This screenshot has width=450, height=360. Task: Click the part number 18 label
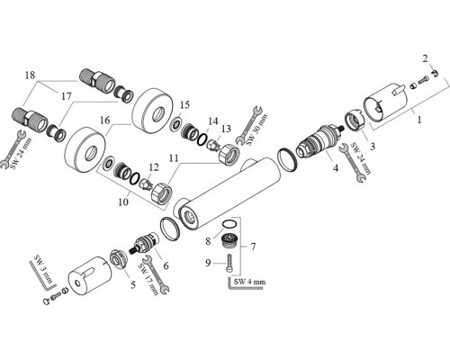tap(30, 75)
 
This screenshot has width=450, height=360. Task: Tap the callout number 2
tap(425, 58)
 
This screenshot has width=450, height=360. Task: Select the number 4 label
tap(336, 168)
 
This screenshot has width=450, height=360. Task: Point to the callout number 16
tap(105, 121)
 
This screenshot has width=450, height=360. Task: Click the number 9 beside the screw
tap(208, 263)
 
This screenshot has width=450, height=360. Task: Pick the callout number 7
tap(253, 247)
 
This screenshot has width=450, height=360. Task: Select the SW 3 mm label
tap(44, 267)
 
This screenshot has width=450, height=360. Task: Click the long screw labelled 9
tap(229, 264)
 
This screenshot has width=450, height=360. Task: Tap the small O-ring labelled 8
tap(230, 224)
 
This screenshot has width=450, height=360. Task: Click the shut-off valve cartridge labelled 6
tap(144, 243)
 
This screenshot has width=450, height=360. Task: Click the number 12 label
tap(154, 167)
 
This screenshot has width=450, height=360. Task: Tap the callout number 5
tap(132, 284)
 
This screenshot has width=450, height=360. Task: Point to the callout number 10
tap(123, 202)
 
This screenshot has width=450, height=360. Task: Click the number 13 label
tap(226, 129)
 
